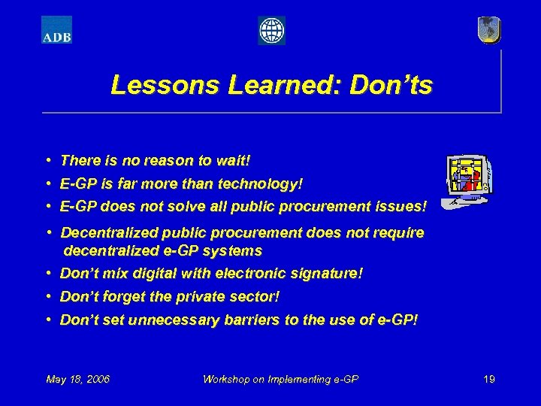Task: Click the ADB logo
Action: coord(56,30)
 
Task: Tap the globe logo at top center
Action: coord(271,31)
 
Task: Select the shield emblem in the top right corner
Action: coord(488,29)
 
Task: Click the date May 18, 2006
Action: coord(78,379)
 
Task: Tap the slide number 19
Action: coord(489,379)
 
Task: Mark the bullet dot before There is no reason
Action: coord(48,161)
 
